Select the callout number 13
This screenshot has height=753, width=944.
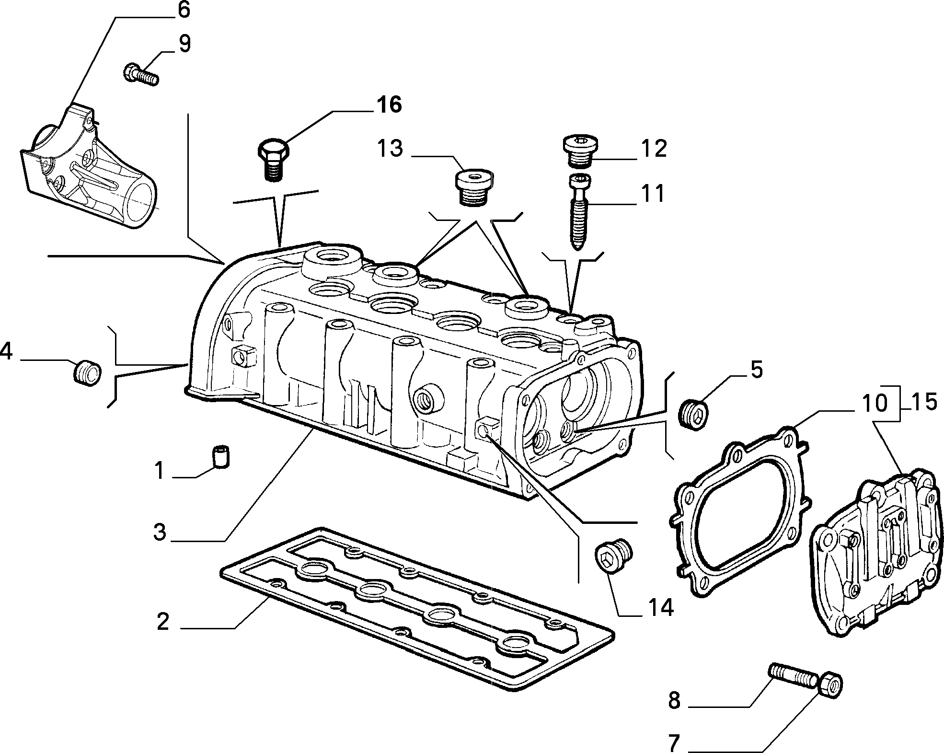(x=390, y=149)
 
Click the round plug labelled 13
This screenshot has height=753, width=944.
(x=472, y=187)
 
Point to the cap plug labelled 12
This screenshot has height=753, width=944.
(x=580, y=151)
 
